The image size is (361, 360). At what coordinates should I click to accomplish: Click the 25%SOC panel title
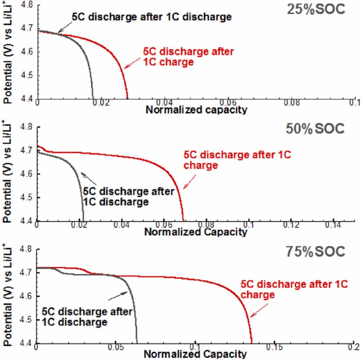click(x=316, y=9)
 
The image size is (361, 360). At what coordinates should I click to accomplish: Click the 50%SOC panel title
click(x=315, y=129)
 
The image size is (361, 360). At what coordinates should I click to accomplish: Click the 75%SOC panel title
click(x=315, y=251)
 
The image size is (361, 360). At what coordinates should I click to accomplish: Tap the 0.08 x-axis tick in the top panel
click(x=292, y=102)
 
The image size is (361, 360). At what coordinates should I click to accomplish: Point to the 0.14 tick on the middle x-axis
click(x=333, y=225)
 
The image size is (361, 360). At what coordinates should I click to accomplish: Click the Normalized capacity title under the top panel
click(x=196, y=110)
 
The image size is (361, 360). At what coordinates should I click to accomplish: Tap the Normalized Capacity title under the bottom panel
click(x=195, y=354)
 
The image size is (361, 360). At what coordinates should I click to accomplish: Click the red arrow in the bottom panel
click(x=259, y=310)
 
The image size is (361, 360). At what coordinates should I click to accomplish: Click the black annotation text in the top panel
click(x=152, y=17)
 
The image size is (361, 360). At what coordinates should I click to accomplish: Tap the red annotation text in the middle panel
click(x=237, y=160)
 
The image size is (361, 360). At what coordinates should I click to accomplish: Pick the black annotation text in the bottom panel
click(x=87, y=317)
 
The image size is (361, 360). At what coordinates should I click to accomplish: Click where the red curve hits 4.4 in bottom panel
click(x=252, y=343)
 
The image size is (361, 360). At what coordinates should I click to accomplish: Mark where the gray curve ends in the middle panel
click(x=83, y=221)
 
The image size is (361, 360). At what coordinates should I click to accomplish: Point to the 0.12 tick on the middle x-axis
click(x=291, y=225)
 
